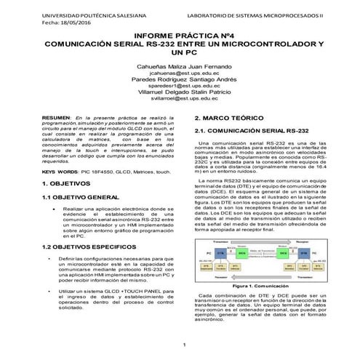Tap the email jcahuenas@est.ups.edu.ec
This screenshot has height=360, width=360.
point(180,73)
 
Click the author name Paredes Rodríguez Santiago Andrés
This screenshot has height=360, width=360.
point(180,81)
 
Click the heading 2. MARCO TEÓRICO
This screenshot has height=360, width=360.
point(230,117)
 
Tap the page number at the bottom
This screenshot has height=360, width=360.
point(185,345)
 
